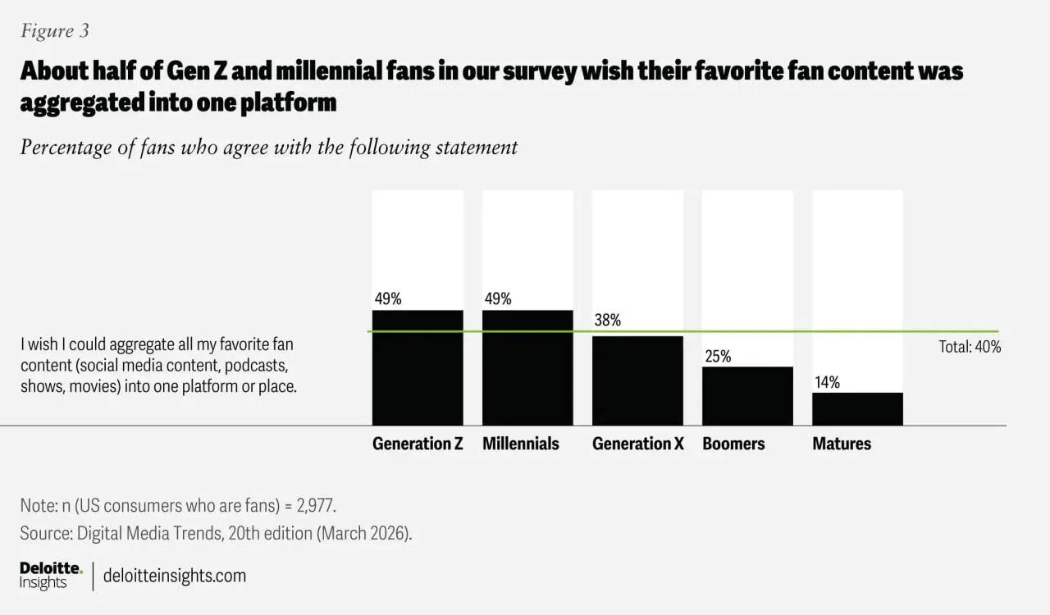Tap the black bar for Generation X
click(637, 380)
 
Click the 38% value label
click(608, 321)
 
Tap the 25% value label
click(717, 356)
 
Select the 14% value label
click(827, 382)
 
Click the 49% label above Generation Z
click(387, 298)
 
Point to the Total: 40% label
click(970, 347)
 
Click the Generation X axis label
click(637, 444)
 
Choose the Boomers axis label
click(733, 444)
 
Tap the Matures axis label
click(842, 444)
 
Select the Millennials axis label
click(521, 444)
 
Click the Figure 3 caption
click(55, 31)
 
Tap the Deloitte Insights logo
click(51, 576)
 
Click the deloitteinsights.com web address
click(175, 576)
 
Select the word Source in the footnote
click(45, 533)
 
